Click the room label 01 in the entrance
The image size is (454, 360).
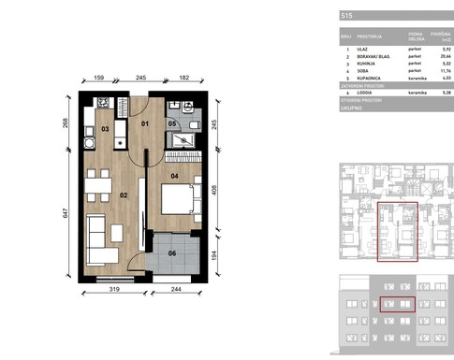pyautogui.click(x=144, y=122)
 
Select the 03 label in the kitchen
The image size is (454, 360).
pyautogui.click(x=106, y=128)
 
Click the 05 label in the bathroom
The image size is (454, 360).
pyautogui.click(x=171, y=123)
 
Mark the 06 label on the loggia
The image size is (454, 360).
pyautogui.click(x=171, y=252)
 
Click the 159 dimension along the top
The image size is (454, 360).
pyautogui.click(x=99, y=79)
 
